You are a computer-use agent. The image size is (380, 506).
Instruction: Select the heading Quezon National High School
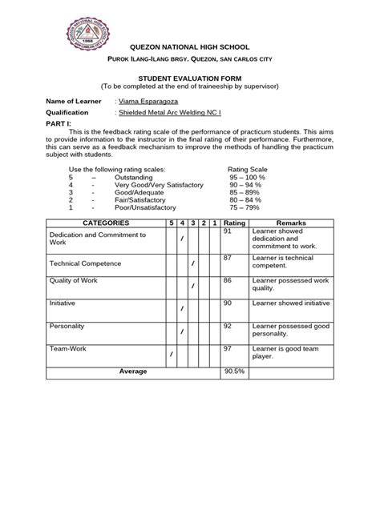tap(190, 49)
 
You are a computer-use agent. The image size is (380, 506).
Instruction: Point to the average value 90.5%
tap(234, 371)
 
